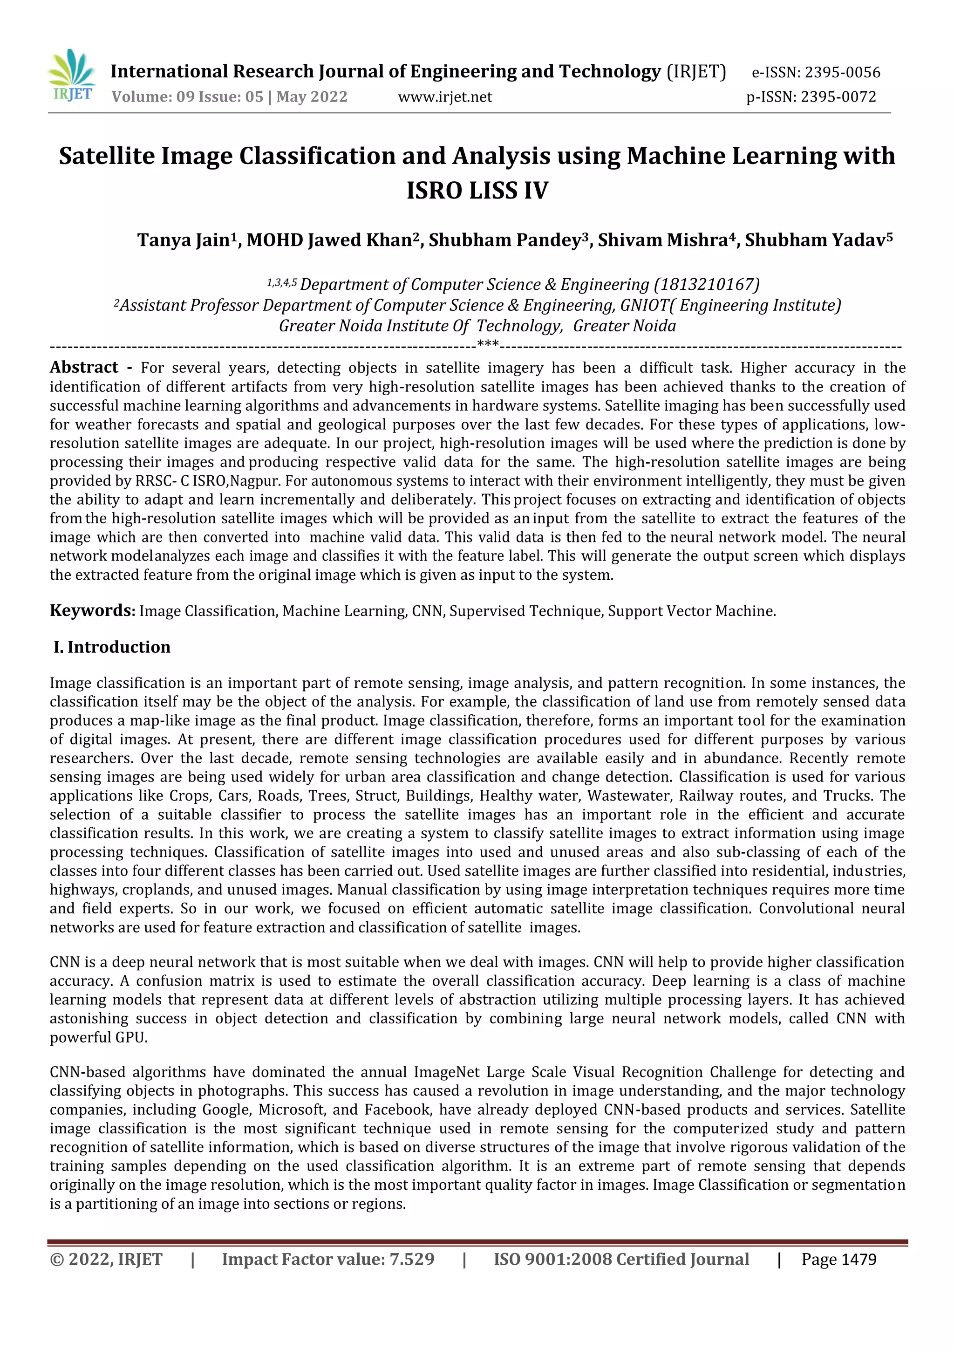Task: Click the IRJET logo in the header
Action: (x=72, y=76)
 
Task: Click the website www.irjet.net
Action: (x=445, y=97)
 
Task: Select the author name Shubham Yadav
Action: (x=815, y=240)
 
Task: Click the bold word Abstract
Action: (x=84, y=368)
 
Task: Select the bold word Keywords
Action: (x=92, y=610)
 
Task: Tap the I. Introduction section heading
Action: (x=112, y=647)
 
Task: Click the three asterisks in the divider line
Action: (x=488, y=344)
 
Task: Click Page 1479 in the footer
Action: (x=839, y=1260)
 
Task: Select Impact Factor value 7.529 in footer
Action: (x=328, y=1260)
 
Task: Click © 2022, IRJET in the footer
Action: (x=106, y=1260)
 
